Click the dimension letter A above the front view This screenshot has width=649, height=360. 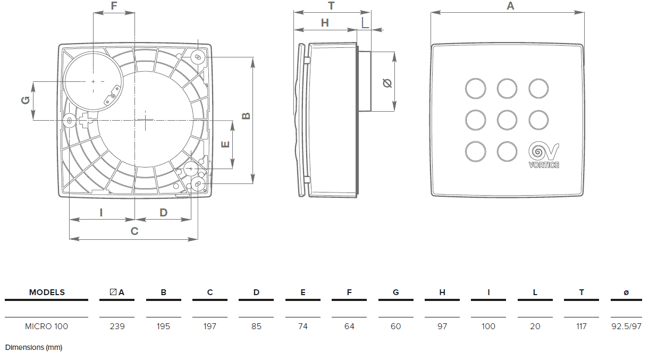(510, 6)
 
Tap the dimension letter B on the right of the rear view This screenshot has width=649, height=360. (246, 116)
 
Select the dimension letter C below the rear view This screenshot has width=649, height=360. (134, 231)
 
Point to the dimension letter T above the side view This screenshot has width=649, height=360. (331, 6)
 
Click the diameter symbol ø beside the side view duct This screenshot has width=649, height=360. (387, 82)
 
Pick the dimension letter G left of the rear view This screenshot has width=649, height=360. (25, 101)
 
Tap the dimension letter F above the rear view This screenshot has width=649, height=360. (114, 6)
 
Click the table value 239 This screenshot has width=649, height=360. (117, 326)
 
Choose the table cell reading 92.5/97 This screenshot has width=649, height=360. (626, 326)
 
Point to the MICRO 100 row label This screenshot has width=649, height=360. (47, 326)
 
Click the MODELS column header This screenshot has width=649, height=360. (47, 292)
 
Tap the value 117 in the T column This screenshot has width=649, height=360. (581, 326)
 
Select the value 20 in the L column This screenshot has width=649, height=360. (535, 326)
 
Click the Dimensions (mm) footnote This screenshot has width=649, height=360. (34, 347)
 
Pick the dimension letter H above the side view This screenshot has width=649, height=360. (325, 22)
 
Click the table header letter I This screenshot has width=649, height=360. (488, 292)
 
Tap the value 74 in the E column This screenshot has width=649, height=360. (303, 326)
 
